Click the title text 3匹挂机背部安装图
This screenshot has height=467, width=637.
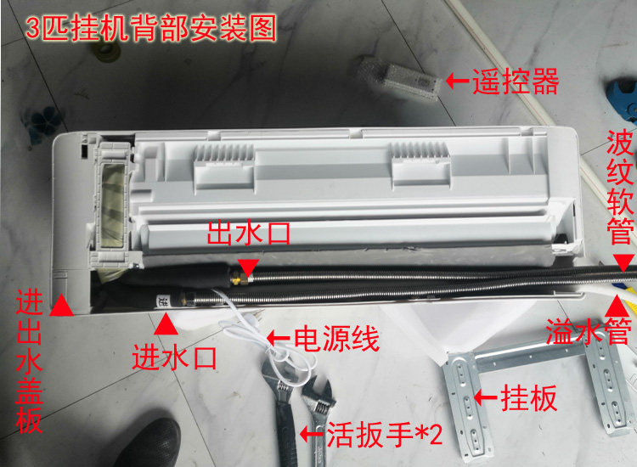151,28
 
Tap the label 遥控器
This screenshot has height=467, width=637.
516,82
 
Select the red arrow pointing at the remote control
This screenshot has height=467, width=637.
458,81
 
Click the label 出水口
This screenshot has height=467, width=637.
248,233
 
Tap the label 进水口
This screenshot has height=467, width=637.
174,357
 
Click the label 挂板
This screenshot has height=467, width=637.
528,397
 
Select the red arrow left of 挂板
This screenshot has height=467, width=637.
486,397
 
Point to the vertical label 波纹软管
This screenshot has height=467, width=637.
620,187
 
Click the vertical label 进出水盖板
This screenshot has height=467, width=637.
29,363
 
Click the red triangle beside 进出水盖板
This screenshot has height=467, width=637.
61,305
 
